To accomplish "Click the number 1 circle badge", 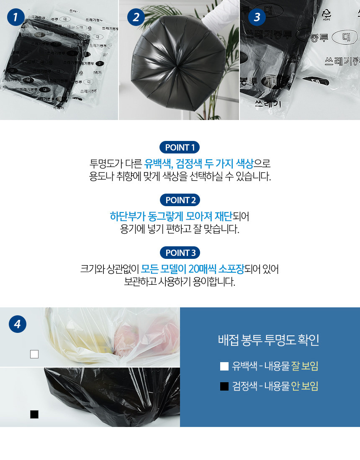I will click(15, 17).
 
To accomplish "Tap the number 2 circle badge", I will click(136, 17).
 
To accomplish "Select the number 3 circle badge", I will click(257, 17).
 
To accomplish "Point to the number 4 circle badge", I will click(18, 324).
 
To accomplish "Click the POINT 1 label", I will click(180, 147).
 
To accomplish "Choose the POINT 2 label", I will click(180, 200).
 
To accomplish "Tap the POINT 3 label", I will click(180, 253).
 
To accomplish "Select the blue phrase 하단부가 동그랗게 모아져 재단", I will click(171, 216).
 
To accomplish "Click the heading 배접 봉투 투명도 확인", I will click(269, 340).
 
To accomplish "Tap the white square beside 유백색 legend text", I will click(224, 366).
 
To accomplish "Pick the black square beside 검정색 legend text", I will click(224, 386).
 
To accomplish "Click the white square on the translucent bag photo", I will click(34, 354).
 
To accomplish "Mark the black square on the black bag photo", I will click(34, 414).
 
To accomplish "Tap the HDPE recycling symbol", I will click(327, 14).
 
